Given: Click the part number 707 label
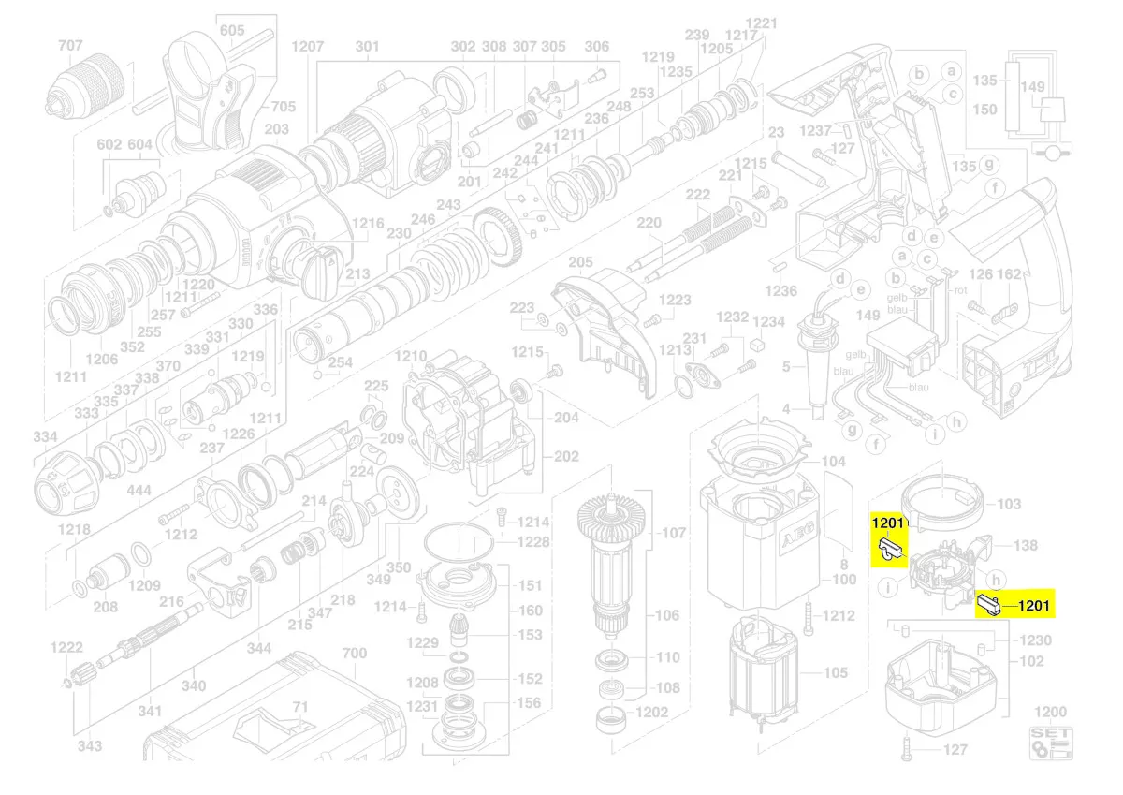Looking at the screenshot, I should pos(71,46).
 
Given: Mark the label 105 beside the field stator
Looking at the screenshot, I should pos(835,672).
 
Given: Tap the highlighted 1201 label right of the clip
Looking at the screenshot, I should pos(1033,606).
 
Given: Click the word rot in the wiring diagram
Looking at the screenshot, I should pos(960,290).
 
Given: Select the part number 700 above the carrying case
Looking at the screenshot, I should pos(355,653).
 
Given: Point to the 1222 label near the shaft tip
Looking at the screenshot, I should pos(67,648).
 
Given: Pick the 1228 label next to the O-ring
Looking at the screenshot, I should pos(533,543).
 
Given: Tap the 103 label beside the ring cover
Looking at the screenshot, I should pos(1009,504).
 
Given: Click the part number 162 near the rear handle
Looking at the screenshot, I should pos(1009,274).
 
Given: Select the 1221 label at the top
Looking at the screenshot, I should pos(762,22).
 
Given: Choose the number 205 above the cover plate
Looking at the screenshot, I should pos(581,261).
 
